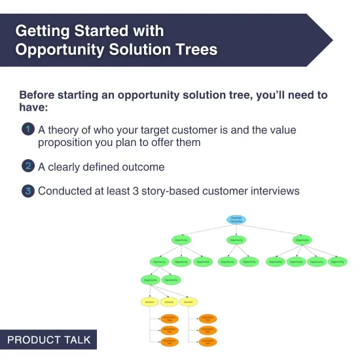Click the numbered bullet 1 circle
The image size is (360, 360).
tap(27, 130)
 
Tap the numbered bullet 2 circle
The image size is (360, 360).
tap(27, 166)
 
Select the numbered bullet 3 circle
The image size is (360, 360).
tap(27, 191)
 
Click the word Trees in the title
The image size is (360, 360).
tap(190, 50)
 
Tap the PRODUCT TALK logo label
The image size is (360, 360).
tap(48, 340)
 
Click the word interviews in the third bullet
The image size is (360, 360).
tap(270, 191)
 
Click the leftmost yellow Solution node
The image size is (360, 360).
tap(150, 302)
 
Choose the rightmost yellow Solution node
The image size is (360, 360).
tap(188, 302)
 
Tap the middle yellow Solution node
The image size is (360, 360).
tap(169, 302)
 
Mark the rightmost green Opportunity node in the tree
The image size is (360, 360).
tap(336, 262)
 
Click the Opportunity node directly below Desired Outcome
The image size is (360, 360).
tap(236, 241)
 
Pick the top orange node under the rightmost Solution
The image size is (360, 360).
tap(207, 318)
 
